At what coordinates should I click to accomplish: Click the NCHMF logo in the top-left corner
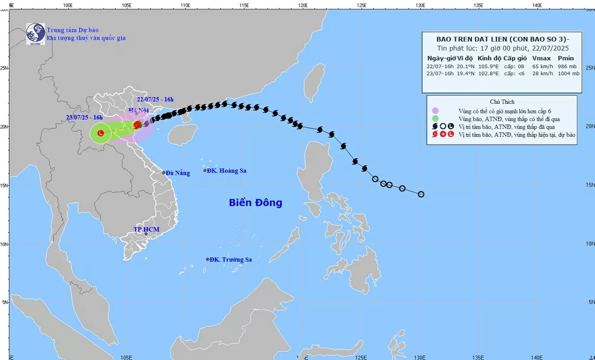[x=36, y=34]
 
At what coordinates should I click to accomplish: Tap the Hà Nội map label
[x=139, y=111]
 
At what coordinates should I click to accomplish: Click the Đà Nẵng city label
[x=177, y=173]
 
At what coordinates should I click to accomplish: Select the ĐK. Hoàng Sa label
[x=226, y=171]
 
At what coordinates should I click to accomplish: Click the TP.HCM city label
[x=147, y=229]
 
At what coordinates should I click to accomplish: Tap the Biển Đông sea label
[x=255, y=202]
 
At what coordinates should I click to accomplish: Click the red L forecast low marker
[x=101, y=133]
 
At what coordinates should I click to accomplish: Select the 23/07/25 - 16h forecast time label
[x=85, y=118]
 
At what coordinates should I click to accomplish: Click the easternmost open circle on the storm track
[x=421, y=194]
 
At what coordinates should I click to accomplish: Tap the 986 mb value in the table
[x=569, y=66]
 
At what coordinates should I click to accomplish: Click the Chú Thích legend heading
[x=501, y=102]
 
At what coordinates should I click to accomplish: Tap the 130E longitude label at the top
[x=420, y=5]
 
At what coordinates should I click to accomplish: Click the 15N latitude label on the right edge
[x=591, y=185]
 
